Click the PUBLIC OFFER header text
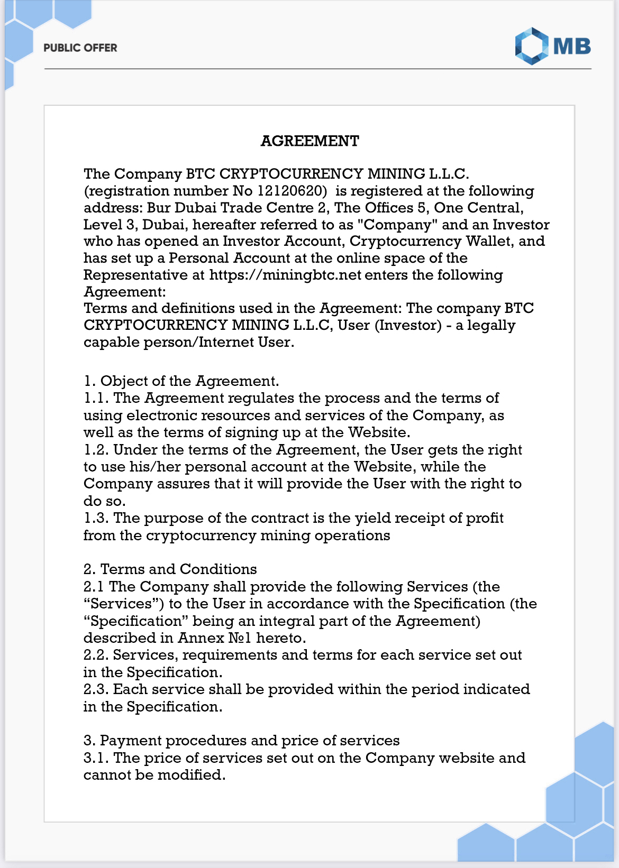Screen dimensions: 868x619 (x=80, y=48)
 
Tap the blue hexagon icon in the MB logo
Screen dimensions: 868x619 (x=531, y=47)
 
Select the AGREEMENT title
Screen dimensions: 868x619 (x=309, y=141)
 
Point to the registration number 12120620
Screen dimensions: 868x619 (x=292, y=191)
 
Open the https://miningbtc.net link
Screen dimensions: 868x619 (x=285, y=275)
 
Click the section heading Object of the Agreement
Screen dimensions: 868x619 (x=189, y=381)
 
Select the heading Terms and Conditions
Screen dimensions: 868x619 (x=178, y=569)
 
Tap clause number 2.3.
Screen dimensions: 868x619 (x=96, y=689)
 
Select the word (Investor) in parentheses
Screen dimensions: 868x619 (x=408, y=325)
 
